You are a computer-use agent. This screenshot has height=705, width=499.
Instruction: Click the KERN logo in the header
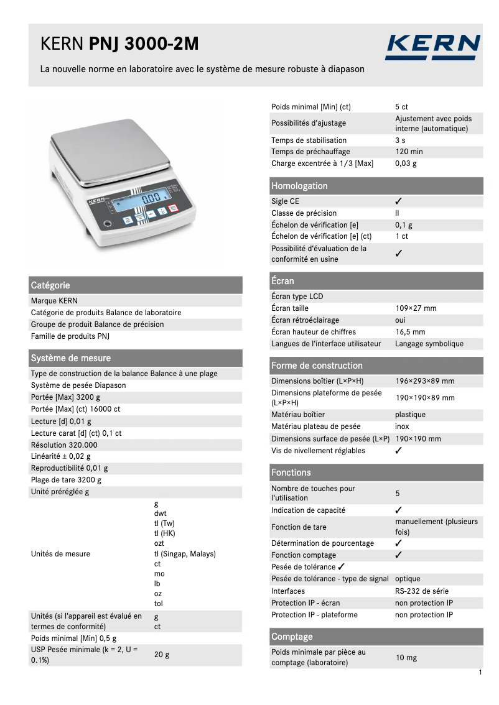point(432,47)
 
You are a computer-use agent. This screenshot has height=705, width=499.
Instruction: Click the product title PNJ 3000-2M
point(144,44)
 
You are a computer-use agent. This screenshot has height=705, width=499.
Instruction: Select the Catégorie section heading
point(50,285)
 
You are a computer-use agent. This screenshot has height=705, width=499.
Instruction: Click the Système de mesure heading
point(71,358)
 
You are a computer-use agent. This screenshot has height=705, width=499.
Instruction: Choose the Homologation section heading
point(299,186)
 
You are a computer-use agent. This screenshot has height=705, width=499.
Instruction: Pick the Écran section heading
point(283,281)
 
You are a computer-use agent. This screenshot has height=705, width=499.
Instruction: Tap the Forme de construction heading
point(317,366)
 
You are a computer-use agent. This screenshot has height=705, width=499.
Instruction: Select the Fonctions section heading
point(291,472)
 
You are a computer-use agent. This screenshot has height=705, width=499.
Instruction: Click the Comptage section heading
point(292,637)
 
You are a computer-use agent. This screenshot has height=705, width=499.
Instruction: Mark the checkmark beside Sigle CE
point(399,201)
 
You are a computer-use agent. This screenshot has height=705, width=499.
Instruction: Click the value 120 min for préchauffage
point(409,152)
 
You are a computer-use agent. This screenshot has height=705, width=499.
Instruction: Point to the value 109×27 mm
point(416,308)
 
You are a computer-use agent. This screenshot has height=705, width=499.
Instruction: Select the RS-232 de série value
point(422,591)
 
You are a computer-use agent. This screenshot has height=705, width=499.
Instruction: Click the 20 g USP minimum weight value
point(162,655)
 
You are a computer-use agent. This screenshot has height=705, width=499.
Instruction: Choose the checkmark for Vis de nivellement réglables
point(399,451)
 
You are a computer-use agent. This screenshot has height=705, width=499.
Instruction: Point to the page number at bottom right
point(480,673)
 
